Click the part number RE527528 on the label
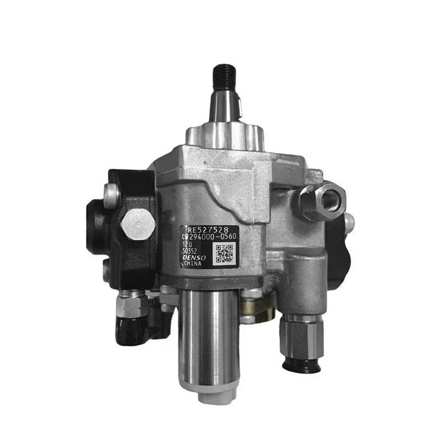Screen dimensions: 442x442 [x=207, y=229]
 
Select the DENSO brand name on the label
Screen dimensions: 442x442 [x=193, y=259]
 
